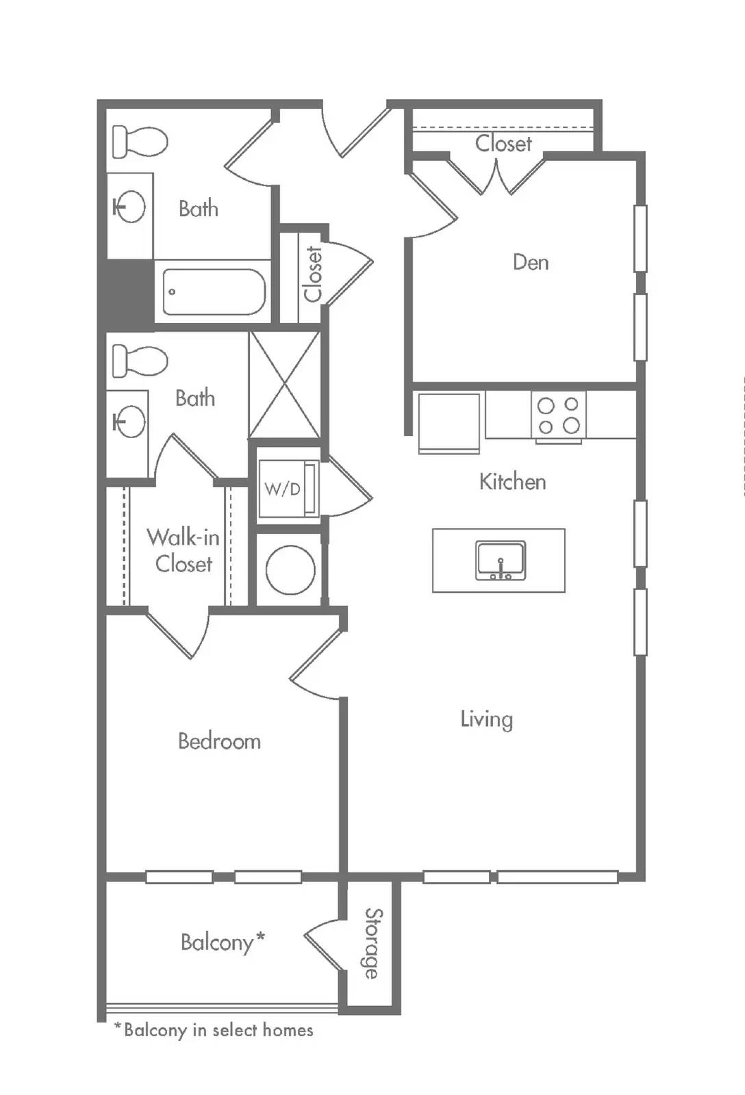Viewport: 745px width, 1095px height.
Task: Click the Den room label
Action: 531,263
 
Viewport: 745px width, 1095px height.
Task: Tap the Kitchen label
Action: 513,482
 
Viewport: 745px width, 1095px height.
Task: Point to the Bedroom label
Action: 219,741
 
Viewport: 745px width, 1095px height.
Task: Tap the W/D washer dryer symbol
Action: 288,489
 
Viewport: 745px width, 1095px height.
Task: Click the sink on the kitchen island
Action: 501,561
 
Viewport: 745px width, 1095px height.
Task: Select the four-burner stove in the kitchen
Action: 559,417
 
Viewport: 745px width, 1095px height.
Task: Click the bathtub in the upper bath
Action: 214,292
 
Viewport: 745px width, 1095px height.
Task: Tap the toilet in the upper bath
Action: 140,142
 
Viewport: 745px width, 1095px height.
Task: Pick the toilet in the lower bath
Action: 140,361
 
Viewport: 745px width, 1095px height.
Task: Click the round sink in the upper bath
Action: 129,206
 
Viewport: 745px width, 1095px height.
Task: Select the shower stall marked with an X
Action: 285,385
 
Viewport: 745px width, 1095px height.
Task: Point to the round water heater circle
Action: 290,569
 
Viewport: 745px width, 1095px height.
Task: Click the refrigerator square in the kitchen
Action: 449,423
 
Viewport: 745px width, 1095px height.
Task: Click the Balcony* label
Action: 223,942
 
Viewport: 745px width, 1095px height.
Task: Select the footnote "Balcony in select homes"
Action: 214,1031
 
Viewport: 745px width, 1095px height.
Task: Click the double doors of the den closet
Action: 497,176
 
